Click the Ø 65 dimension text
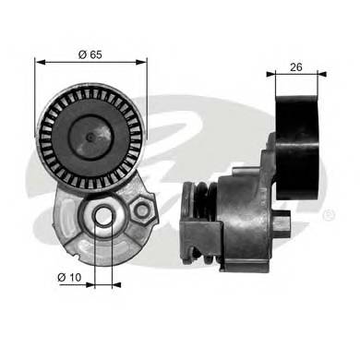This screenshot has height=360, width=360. click(90, 54)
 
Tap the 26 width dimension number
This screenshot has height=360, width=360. click(296, 66)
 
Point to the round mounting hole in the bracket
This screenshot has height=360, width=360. click(103, 219)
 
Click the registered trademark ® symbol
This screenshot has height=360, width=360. click(330, 214)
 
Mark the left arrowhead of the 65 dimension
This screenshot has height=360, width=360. click(40, 63)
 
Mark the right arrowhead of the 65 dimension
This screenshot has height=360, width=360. click(143, 63)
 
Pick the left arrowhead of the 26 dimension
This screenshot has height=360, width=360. click(268, 75)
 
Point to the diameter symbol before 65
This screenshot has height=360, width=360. click(81, 54)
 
